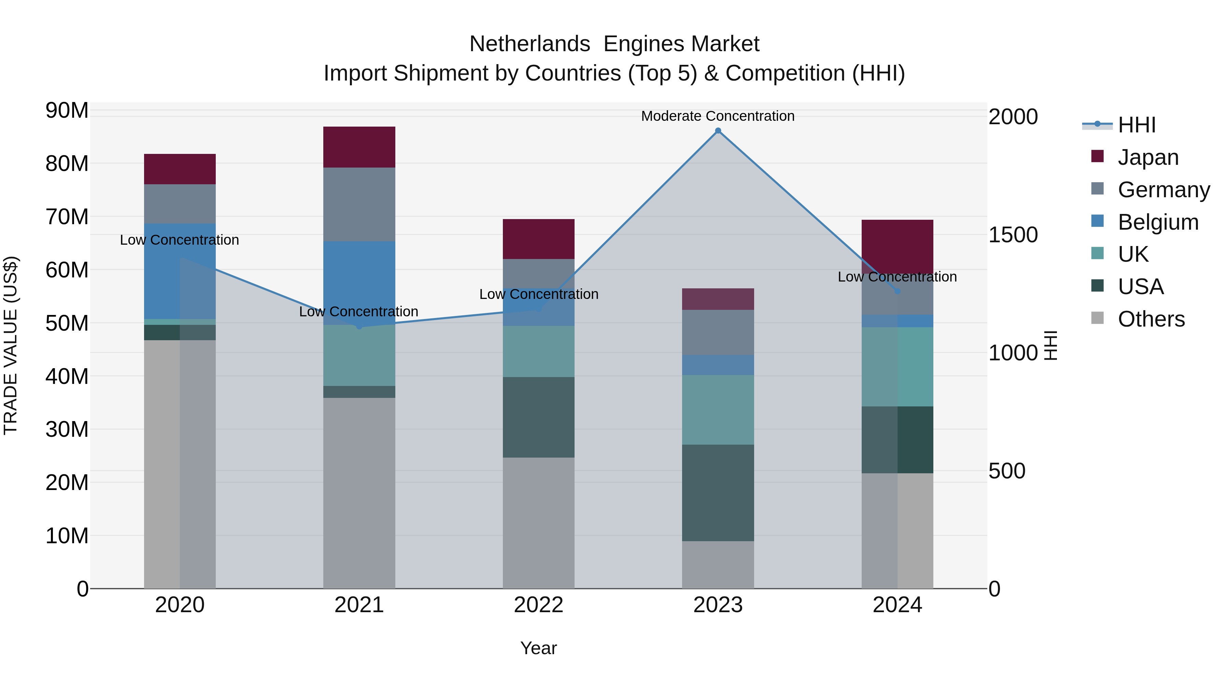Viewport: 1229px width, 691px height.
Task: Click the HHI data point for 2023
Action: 718,131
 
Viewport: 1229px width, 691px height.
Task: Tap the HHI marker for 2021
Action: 359,326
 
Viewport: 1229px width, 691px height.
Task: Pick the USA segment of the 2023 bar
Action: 718,493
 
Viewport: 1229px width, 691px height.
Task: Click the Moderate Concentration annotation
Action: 718,116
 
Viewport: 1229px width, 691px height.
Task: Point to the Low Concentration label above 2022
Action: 539,294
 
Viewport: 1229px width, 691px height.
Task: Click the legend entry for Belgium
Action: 1158,222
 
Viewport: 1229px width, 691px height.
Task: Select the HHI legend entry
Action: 1136,125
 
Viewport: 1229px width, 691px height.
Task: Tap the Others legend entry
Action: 1151,319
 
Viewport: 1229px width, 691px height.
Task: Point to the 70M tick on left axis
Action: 67,217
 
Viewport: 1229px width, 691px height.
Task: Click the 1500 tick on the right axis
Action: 1013,235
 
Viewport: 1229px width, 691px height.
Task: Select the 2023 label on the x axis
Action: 718,605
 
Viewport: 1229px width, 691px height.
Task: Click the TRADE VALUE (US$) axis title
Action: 11,345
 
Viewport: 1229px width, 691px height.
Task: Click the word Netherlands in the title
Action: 529,44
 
